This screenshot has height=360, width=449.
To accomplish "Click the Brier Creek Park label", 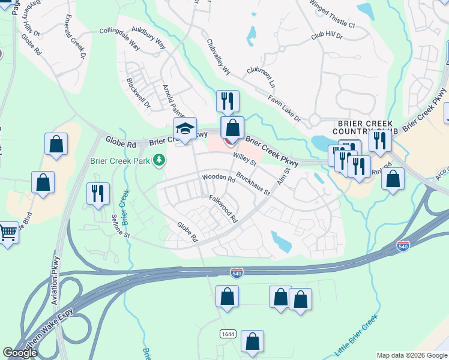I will point(120,161).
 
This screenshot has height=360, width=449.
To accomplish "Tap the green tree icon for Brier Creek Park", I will point(159,160).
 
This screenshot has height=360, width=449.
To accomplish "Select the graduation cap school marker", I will point(185,128).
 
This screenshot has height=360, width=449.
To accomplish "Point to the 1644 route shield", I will point(227,334).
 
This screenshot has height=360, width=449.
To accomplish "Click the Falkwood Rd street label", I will point(223,208).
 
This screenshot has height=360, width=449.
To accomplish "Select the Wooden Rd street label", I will point(218,178).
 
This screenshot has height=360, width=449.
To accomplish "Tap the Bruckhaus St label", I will point(253,185).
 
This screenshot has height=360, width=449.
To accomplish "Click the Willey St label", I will point(245,158).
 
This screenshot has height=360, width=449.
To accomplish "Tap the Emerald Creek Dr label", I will point(74,37).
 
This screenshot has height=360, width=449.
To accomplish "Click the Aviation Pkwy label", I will point(57,280).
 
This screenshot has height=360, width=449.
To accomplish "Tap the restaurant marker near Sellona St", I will point(98,194).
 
